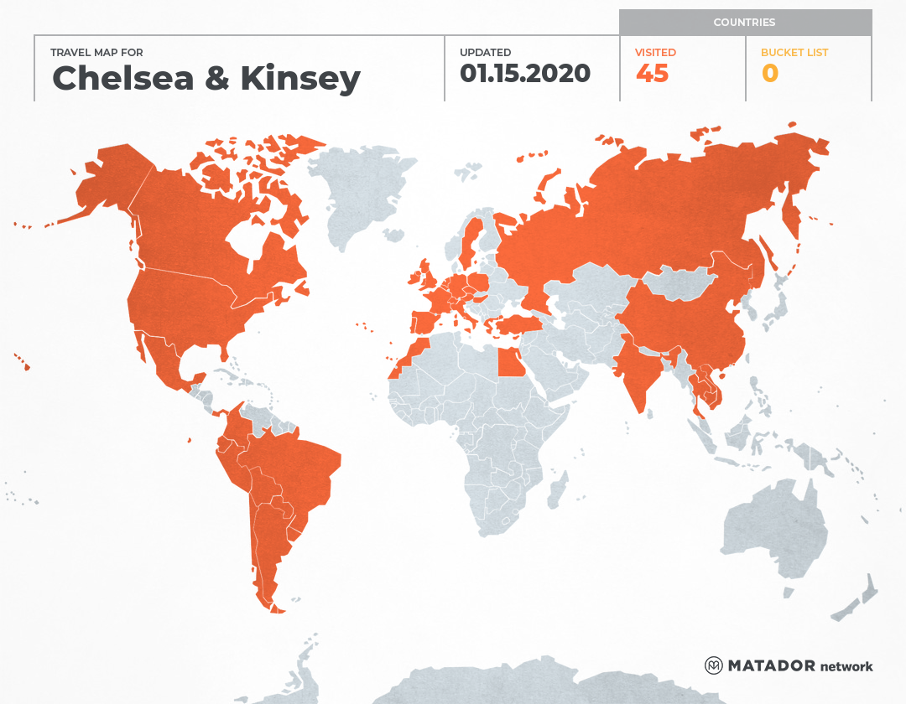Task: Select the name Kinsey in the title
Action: pyautogui.click(x=300, y=78)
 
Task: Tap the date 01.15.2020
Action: pyautogui.click(x=525, y=74)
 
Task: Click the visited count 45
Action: pyautogui.click(x=652, y=74)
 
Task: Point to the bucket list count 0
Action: pyautogui.click(x=769, y=74)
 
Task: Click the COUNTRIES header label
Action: pyautogui.click(x=744, y=23)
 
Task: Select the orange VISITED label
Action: pyautogui.click(x=655, y=52)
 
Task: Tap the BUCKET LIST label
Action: pyautogui.click(x=794, y=52)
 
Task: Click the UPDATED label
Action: pyautogui.click(x=485, y=52)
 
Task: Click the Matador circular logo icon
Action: pyautogui.click(x=714, y=665)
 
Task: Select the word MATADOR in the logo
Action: pyautogui.click(x=771, y=665)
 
